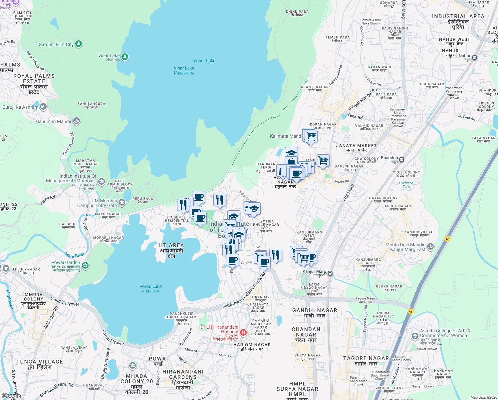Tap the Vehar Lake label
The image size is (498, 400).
[204, 61]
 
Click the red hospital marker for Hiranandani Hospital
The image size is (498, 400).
[243, 332]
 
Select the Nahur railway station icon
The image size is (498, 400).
[474, 57]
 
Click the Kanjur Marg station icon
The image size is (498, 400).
[330, 273]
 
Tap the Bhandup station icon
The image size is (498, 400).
[401, 159]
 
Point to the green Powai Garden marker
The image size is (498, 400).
[85, 265]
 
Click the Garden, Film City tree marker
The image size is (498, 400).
[79, 44]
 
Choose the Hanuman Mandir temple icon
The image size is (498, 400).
[77, 121]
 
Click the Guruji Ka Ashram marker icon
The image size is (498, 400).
[43, 107]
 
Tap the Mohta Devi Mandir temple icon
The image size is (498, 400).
[430, 247]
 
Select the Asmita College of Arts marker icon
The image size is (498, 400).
[415, 336]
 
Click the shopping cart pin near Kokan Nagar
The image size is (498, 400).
[311, 136]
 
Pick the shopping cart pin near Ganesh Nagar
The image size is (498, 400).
[323, 161]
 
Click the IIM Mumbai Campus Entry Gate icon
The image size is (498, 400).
[122, 203]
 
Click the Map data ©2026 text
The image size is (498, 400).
[483, 397]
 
